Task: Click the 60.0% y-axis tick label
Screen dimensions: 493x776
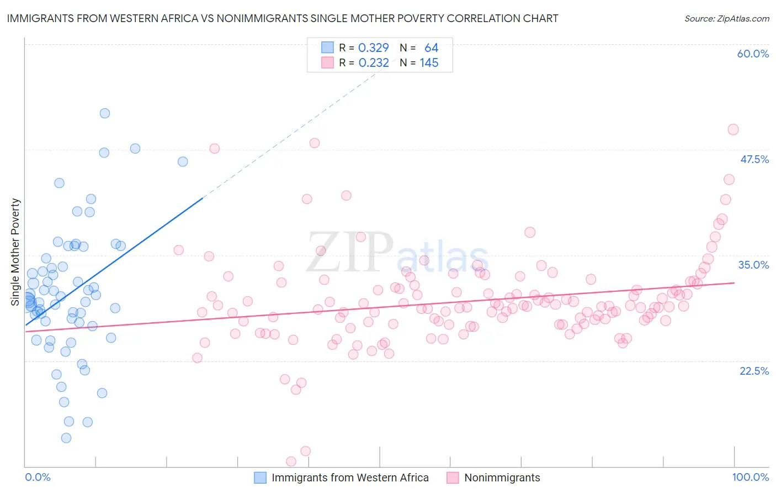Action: [753, 54]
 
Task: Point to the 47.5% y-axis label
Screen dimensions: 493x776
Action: [754, 159]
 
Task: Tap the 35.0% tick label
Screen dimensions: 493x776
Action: [753, 265]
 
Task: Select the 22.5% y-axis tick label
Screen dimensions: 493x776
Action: [754, 370]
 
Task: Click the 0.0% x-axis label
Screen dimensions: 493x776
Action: [38, 477]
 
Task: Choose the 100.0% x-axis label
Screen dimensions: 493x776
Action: [750, 477]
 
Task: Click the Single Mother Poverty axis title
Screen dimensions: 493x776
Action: [15, 252]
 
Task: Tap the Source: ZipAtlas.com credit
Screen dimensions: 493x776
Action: [726, 19]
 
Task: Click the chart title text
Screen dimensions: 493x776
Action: [283, 18]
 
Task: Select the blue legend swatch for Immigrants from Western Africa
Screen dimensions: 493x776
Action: [260, 478]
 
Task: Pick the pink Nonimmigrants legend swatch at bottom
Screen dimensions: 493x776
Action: [453, 478]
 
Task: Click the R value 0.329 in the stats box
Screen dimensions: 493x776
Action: [374, 48]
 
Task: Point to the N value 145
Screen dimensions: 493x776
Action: [429, 63]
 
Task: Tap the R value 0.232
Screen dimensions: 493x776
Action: [374, 63]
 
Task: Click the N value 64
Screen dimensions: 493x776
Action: [431, 48]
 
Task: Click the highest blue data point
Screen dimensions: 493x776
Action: [105, 113]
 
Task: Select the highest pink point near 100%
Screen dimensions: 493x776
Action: [733, 129]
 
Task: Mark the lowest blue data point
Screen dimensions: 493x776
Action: [66, 438]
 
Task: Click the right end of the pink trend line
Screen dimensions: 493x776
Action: [734, 282]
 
